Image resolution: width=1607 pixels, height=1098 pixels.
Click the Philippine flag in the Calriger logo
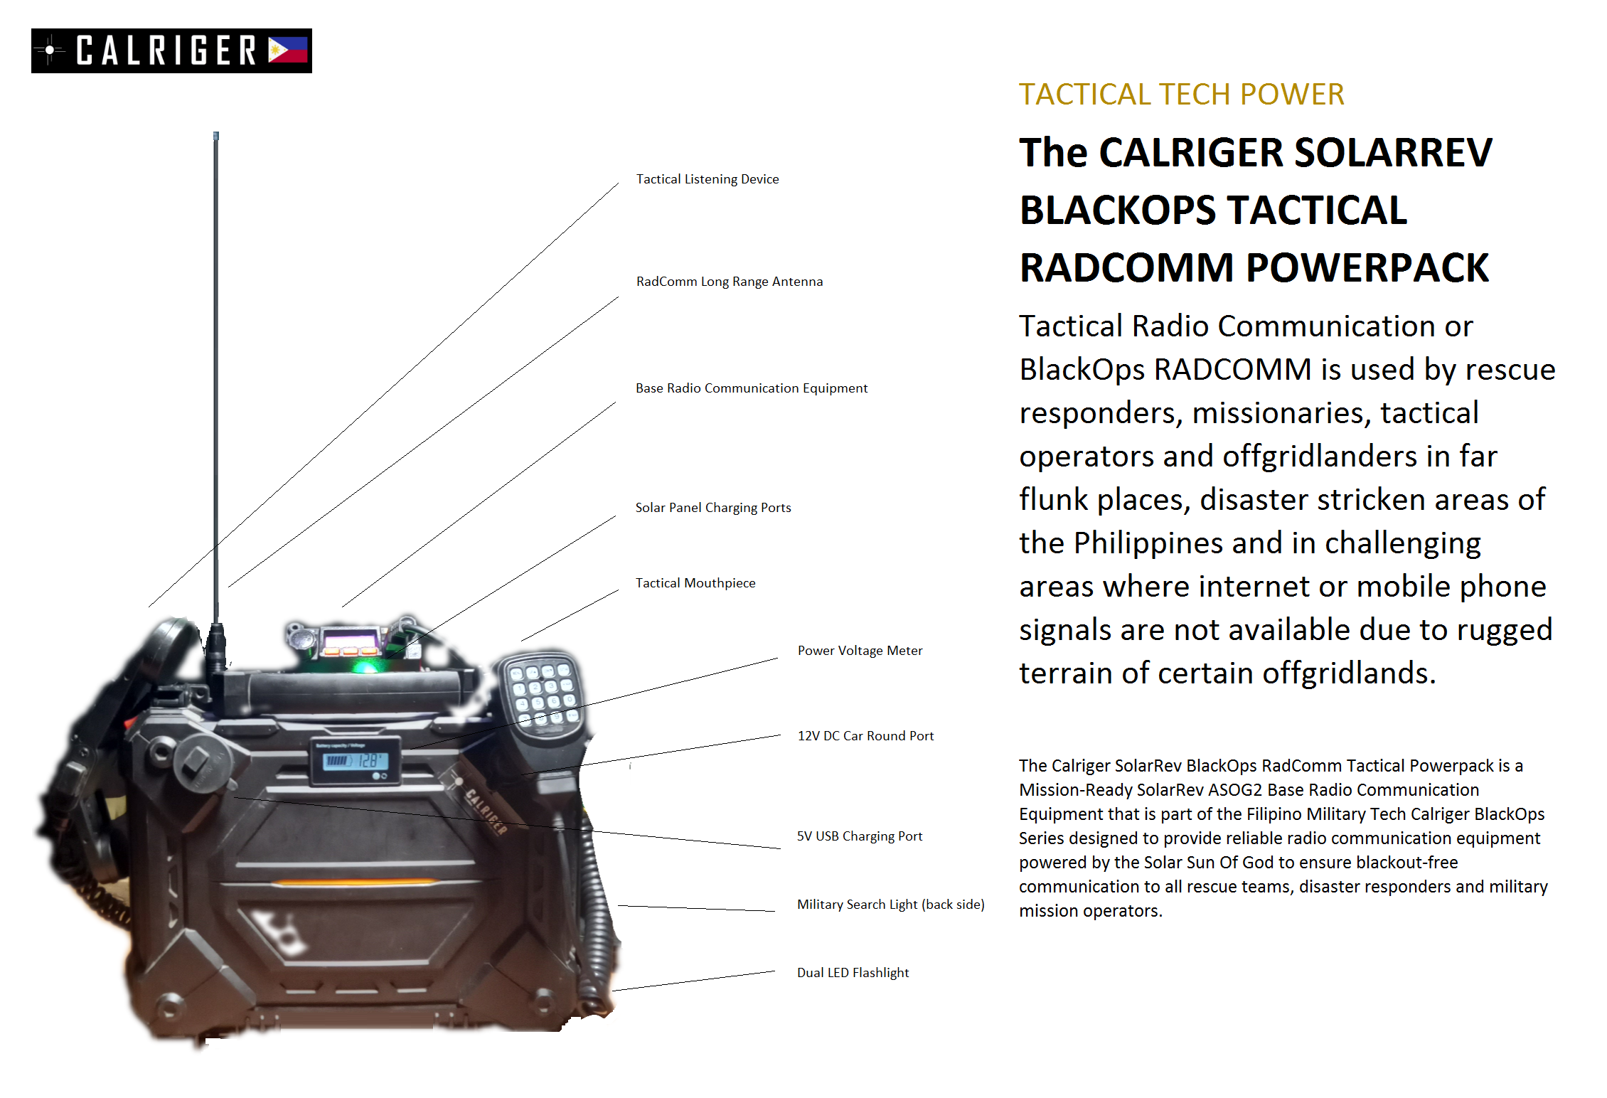(x=287, y=50)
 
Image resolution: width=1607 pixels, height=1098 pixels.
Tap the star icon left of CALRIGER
(x=49, y=50)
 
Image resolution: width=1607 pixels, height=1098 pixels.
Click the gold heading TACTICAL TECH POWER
(x=1181, y=95)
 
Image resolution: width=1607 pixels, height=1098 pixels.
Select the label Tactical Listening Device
(x=707, y=179)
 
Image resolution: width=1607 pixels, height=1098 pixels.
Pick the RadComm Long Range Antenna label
(x=729, y=282)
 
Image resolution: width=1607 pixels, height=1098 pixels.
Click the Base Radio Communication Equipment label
(x=751, y=388)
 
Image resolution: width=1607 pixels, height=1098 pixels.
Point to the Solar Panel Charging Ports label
(x=712, y=508)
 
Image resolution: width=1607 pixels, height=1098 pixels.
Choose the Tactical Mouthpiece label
(x=695, y=583)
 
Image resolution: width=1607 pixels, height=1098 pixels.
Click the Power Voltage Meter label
(x=859, y=651)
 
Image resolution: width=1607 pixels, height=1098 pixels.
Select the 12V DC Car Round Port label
(x=865, y=736)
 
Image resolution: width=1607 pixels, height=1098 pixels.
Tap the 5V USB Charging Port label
(x=859, y=836)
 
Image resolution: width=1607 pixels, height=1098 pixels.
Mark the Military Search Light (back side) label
(x=890, y=905)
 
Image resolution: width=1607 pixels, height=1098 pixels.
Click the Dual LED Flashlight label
(x=852, y=973)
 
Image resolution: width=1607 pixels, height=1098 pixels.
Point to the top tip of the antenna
(x=216, y=135)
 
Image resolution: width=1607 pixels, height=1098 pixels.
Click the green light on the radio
(x=365, y=666)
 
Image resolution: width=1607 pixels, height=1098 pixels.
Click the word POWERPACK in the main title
(x=1367, y=269)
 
